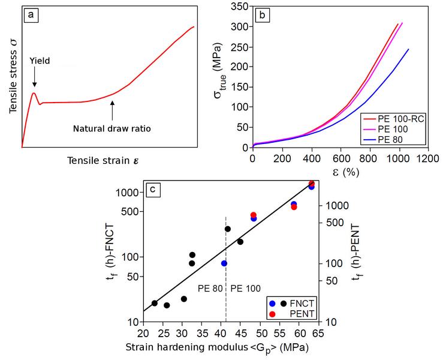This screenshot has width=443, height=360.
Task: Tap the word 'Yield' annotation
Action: (40, 61)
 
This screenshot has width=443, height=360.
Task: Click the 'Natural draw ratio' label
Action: (111, 128)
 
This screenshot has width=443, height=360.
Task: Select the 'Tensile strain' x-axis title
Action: (108, 160)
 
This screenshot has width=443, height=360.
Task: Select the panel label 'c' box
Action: (153, 190)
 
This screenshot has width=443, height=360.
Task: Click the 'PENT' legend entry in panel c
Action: (303, 314)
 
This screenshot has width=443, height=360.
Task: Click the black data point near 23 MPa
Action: (155, 303)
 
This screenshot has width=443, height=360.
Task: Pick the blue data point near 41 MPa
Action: (224, 263)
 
